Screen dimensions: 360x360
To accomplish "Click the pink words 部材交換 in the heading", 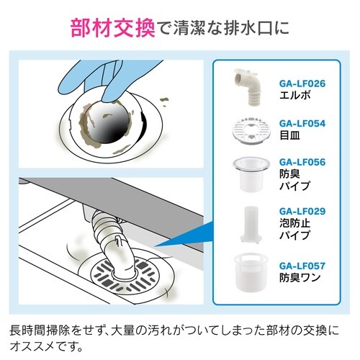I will click(x=114, y=29).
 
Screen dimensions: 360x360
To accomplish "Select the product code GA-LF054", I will click(x=302, y=123).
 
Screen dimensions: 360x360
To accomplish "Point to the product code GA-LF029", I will click(x=302, y=212).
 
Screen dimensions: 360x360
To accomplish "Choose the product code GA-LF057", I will click(x=302, y=266).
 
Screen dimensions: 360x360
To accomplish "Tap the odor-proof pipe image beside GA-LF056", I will click(x=247, y=174).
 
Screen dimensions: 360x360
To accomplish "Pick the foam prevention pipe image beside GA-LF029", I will click(x=247, y=225).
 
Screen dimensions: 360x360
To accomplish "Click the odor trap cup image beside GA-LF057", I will click(x=247, y=272).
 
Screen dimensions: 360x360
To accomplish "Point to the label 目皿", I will click(x=289, y=135).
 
